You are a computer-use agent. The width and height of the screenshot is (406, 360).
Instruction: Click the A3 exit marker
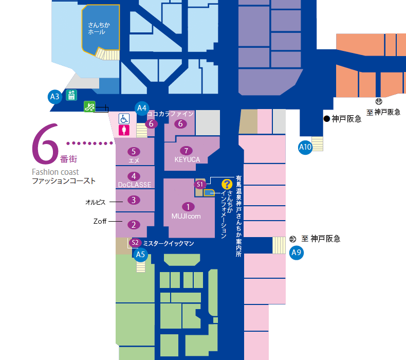click(x=55, y=97)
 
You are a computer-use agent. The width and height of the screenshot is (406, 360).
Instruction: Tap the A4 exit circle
click(x=142, y=108)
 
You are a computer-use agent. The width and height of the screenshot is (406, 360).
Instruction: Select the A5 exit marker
click(x=141, y=255)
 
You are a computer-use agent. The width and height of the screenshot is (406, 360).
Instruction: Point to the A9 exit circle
click(x=296, y=253)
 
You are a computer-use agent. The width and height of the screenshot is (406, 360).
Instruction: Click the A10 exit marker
click(x=305, y=147)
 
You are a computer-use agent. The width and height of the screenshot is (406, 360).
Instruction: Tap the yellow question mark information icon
click(x=227, y=184)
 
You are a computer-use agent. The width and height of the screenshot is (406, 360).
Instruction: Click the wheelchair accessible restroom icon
click(x=124, y=119)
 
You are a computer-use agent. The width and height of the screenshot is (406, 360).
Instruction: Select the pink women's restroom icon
click(x=124, y=130)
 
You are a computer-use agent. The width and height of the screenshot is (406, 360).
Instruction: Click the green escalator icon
click(x=89, y=106)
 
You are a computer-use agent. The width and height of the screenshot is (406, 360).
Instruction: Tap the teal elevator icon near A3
click(x=71, y=95)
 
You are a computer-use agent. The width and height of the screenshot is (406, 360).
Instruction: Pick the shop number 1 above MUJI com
click(x=188, y=207)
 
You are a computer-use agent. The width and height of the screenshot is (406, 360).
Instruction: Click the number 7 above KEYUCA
click(x=186, y=151)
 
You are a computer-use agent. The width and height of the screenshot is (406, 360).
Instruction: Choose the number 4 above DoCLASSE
click(x=134, y=176)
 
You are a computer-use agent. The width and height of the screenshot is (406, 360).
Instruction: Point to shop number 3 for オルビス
click(x=134, y=200)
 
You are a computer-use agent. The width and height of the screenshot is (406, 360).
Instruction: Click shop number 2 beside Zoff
click(x=134, y=225)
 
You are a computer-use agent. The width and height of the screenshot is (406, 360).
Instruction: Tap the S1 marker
click(x=200, y=185)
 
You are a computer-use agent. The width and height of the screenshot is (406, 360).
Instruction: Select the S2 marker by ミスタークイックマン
click(x=135, y=243)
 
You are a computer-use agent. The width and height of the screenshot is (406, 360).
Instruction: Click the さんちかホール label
click(x=99, y=28)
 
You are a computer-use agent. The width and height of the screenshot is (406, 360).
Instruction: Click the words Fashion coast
click(x=55, y=172)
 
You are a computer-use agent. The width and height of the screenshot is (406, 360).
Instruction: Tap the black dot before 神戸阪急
click(x=327, y=119)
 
